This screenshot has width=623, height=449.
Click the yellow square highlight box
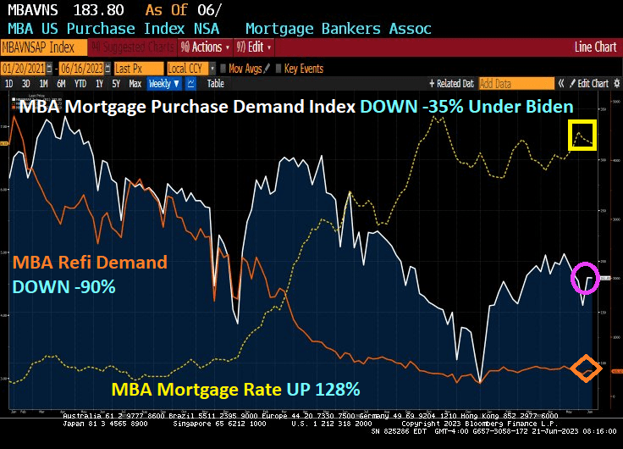tap(583, 136)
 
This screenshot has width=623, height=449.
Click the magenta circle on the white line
tap(585, 277)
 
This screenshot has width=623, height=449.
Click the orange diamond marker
tap(584, 369)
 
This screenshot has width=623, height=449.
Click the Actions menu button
tap(206, 47)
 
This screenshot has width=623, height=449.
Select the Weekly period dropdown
tap(164, 83)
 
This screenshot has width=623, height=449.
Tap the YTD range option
tap(81, 83)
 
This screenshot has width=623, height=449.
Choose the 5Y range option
tap(116, 83)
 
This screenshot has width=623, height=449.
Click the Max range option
tap(135, 83)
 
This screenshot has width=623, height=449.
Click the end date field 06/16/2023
tap(83, 68)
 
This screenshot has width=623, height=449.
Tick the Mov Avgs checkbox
tap(223, 68)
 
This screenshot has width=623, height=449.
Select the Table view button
tap(216, 83)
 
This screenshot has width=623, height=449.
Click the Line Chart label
tap(595, 47)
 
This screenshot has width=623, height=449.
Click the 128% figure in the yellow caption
tap(339, 390)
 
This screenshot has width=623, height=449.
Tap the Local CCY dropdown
tap(188, 68)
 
